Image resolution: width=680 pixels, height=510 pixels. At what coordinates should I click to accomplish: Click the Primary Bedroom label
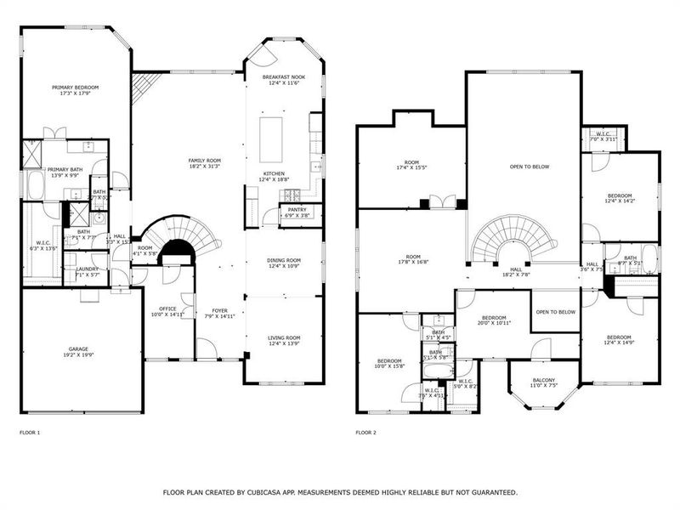[75, 88]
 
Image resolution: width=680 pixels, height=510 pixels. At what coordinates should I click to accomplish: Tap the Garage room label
[78, 349]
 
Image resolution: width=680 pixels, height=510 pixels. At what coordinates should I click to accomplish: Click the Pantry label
[297, 209]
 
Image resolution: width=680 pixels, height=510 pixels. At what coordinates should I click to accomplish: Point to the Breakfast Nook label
[284, 77]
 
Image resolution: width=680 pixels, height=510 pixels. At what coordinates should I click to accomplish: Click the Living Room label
[284, 338]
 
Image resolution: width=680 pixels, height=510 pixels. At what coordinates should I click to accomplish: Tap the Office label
[167, 309]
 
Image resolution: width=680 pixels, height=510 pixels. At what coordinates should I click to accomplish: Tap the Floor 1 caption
[30, 433]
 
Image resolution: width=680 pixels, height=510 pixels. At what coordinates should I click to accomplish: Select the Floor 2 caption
[366, 433]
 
